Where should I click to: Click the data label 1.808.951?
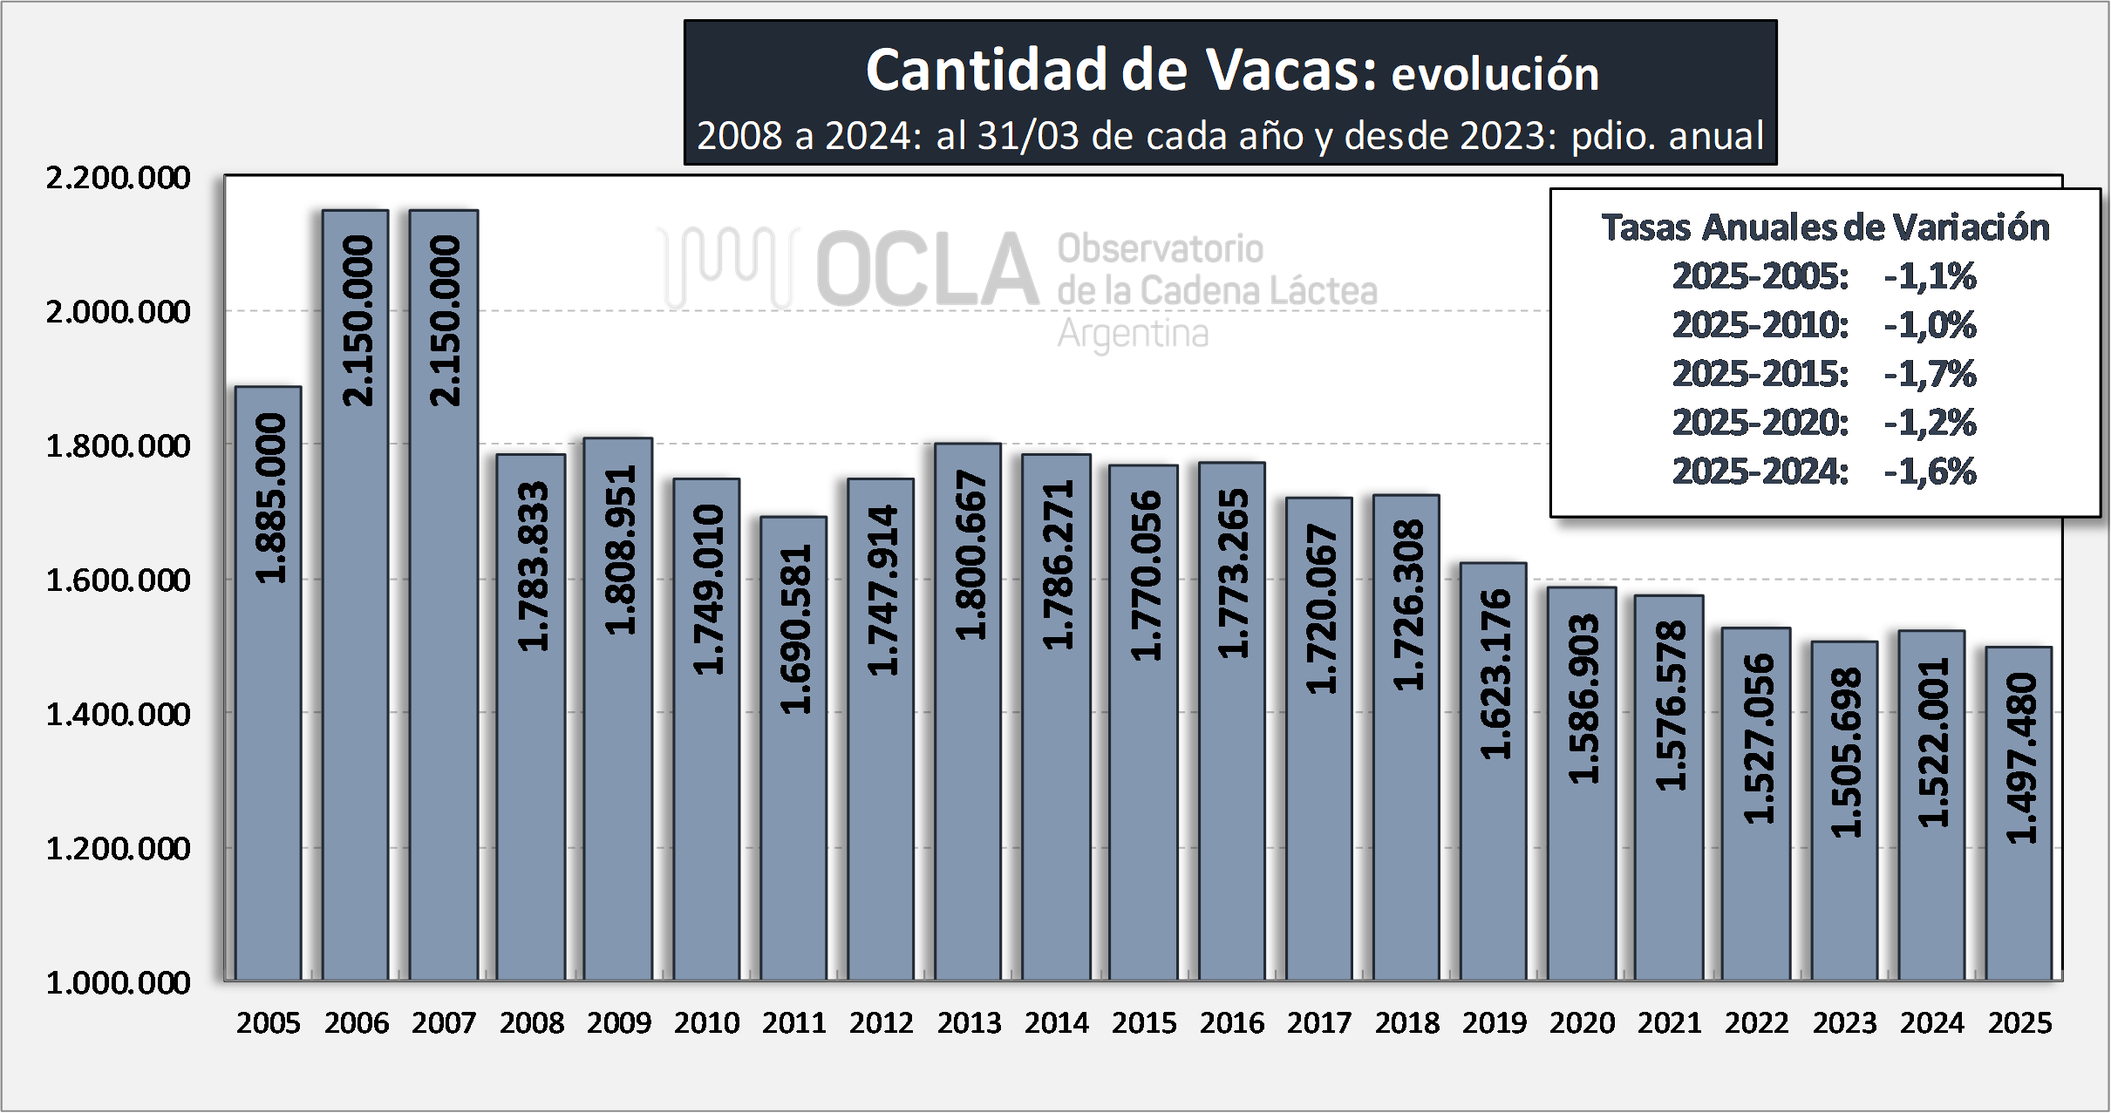[x=621, y=551]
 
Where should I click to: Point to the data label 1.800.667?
[x=970, y=556]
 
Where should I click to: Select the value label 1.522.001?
[x=1933, y=743]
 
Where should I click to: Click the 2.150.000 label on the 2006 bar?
[x=358, y=321]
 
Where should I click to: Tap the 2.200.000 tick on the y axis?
[x=118, y=178]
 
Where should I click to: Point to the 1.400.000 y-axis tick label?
[x=118, y=715]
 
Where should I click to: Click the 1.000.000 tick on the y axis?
[x=118, y=983]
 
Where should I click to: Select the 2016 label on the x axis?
[x=1231, y=1022]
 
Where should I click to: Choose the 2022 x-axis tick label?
[x=1756, y=1022]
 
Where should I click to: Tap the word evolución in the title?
[x=1495, y=74]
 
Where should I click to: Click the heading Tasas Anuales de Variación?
[x=1825, y=227]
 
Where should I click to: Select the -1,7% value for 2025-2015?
[x=1930, y=374]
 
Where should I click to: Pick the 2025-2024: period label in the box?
[x=1760, y=472]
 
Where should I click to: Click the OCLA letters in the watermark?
[x=927, y=270]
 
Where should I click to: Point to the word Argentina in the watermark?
[x=1133, y=334]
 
